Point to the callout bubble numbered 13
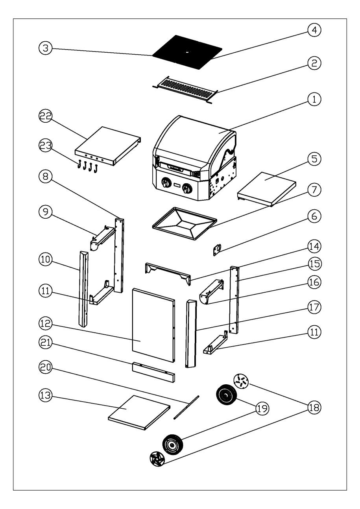45,395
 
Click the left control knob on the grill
166,183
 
